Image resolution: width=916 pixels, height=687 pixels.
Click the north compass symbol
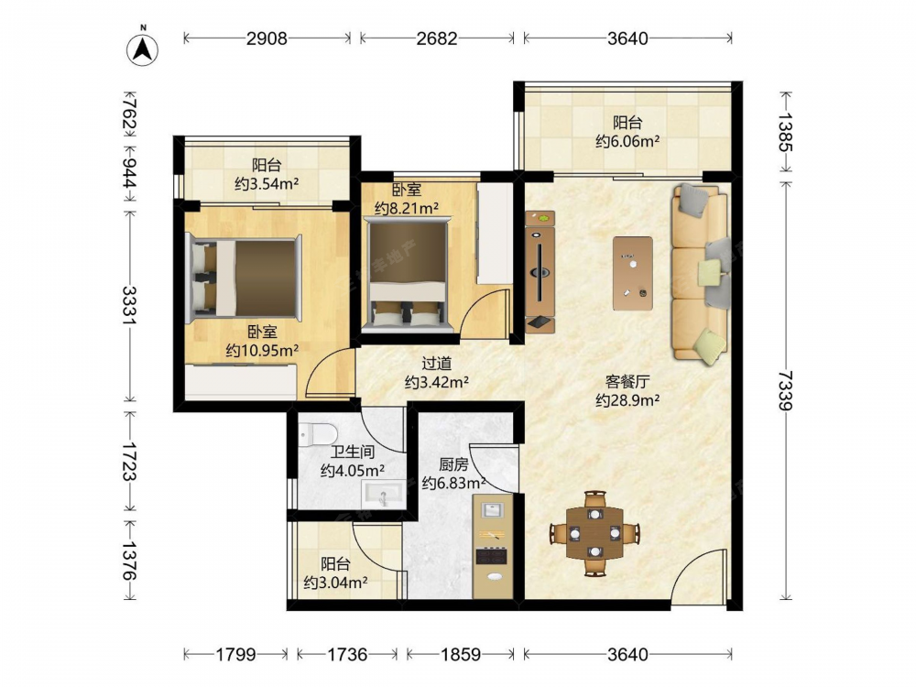(143, 49)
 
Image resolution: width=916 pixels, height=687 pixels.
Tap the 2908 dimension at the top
(267, 38)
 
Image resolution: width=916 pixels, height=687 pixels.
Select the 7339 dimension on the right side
(786, 391)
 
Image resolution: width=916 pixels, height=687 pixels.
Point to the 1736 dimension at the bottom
(347, 654)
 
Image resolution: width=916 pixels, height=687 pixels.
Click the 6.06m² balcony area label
(628, 141)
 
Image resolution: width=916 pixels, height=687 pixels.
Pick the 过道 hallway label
(436, 364)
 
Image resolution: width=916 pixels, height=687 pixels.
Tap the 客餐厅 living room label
(627, 381)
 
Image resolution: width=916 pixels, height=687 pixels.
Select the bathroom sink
(383, 494)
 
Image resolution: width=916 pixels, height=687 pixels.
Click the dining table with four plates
(594, 532)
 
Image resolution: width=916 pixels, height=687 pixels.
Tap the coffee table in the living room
(633, 273)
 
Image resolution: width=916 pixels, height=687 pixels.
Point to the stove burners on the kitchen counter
(491, 555)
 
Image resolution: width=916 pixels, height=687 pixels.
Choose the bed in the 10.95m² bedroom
(244, 279)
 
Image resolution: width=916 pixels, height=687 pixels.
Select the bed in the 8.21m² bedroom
(409, 273)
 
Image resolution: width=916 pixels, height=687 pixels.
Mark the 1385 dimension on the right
(786, 133)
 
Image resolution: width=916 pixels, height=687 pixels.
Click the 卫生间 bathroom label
(353, 453)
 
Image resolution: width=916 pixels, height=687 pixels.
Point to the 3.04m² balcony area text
(335, 583)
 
